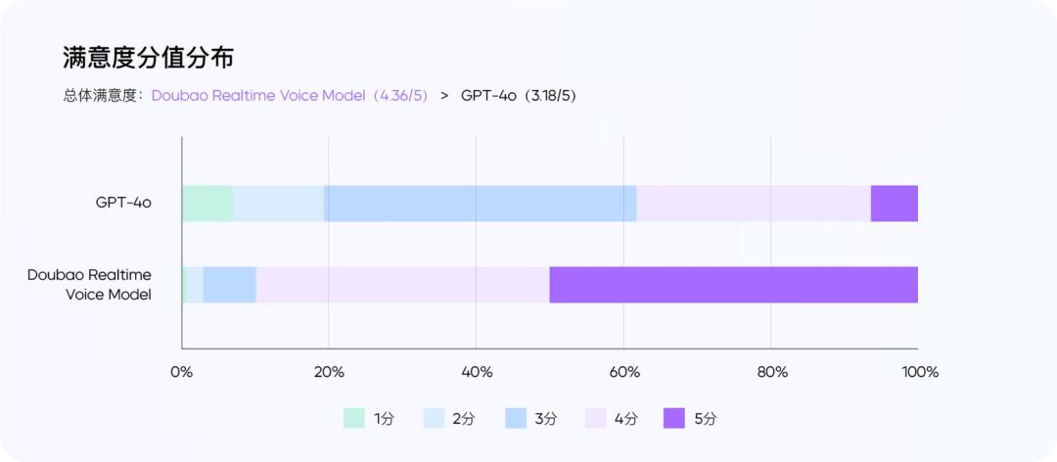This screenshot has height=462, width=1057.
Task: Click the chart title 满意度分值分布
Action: (x=148, y=58)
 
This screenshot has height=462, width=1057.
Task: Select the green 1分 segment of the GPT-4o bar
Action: (x=207, y=204)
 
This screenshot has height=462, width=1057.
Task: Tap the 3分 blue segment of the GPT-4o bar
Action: (x=480, y=204)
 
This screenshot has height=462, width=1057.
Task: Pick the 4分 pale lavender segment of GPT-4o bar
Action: (x=753, y=204)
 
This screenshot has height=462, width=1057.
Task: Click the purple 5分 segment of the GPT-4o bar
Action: (x=894, y=204)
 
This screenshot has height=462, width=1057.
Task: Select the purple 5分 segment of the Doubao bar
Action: (x=733, y=285)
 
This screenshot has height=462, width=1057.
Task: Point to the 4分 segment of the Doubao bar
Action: (x=402, y=285)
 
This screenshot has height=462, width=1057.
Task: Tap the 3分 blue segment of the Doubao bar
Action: (x=229, y=285)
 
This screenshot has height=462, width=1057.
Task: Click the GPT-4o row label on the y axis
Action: (x=123, y=204)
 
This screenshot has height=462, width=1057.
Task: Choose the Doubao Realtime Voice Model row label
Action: (x=89, y=285)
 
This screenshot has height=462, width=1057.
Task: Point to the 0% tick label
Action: (x=182, y=372)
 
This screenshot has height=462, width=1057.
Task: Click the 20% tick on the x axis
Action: (x=329, y=372)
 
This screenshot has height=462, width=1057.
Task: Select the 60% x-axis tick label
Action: (x=624, y=372)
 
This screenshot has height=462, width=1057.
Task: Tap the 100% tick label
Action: (x=920, y=372)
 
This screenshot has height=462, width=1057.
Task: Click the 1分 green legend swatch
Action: (x=353, y=418)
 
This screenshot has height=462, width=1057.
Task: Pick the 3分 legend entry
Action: (x=530, y=418)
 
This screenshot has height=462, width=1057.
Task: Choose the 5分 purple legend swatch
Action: (x=674, y=418)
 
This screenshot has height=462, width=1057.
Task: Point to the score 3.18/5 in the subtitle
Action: (x=554, y=96)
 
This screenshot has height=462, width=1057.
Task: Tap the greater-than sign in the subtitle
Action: (x=444, y=96)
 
